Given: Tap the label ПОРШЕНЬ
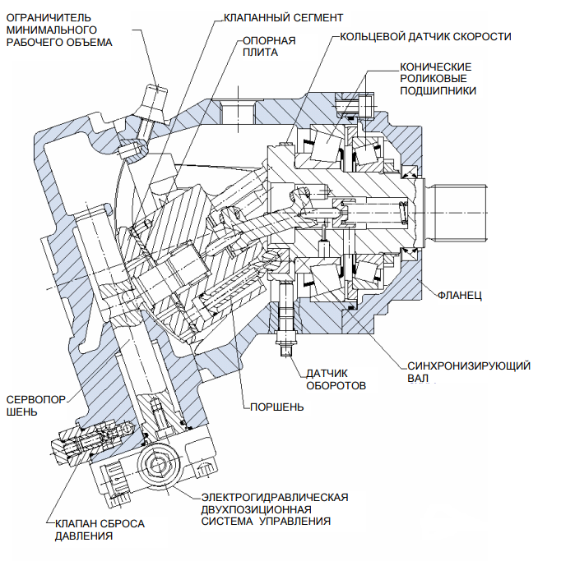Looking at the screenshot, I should click(x=275, y=406).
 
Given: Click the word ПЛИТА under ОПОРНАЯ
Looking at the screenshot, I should click(x=256, y=52).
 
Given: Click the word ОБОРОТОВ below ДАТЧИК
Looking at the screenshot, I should click(x=336, y=384).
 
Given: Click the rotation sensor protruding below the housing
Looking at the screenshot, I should click(x=287, y=329).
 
